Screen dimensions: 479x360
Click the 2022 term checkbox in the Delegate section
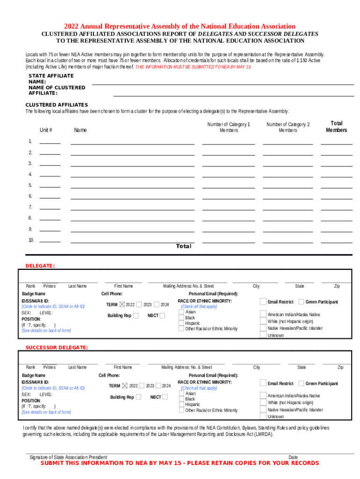coord(122,305)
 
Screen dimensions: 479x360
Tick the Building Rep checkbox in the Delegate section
coord(136,316)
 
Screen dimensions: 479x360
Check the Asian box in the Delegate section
coord(181,312)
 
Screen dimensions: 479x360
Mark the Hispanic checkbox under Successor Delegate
coord(181,405)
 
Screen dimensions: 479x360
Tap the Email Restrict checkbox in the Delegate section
coord(263,302)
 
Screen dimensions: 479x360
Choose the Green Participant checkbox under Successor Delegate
coord(301,384)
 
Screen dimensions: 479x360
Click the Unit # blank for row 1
coord(50,141)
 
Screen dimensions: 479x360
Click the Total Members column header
coord(336,127)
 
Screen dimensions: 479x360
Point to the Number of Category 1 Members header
coord(229,127)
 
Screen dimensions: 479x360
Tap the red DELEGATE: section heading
coord(40,266)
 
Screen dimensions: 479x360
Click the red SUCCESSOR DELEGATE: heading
coord(56,348)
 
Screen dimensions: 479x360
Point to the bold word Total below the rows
coord(183,246)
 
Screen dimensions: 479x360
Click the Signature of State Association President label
coord(68,457)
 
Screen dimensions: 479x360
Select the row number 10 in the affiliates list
coord(31,240)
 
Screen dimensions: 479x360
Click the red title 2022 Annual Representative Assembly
coord(180,26)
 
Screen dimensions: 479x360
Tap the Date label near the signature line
coord(293,457)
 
